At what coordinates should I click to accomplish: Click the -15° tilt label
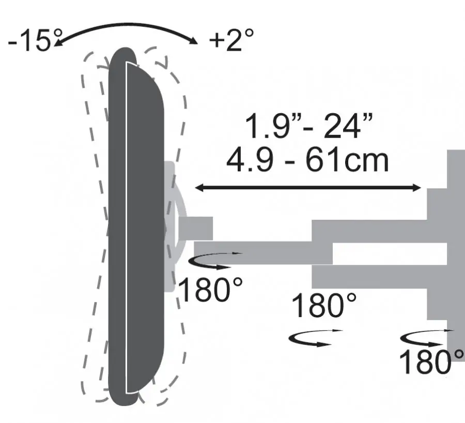(x=35, y=40)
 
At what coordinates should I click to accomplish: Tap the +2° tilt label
(x=231, y=39)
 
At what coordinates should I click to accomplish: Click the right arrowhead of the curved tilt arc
(x=193, y=40)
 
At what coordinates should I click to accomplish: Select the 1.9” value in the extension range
(x=267, y=126)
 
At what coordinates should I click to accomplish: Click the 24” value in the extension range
(x=348, y=126)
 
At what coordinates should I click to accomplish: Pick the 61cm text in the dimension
(x=347, y=161)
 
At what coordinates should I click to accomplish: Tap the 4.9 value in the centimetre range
(x=250, y=161)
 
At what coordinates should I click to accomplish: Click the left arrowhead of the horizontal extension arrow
(x=199, y=188)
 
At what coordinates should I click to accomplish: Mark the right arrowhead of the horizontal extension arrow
(x=416, y=188)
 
